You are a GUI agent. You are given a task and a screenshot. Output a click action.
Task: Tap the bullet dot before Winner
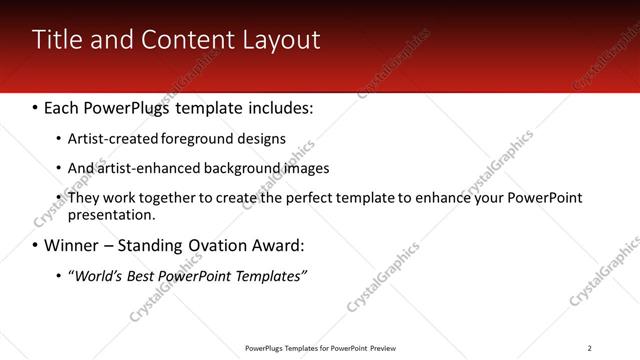[36, 245]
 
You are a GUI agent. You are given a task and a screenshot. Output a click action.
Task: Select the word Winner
[71, 245]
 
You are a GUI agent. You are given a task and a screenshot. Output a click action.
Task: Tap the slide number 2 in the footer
[589, 348]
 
